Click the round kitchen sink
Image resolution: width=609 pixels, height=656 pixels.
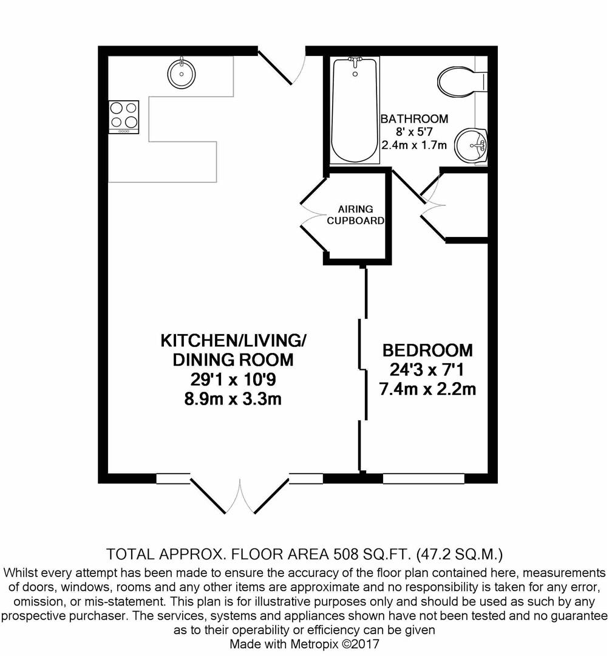pos(181,73)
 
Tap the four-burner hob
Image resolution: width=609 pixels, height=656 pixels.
pos(124,117)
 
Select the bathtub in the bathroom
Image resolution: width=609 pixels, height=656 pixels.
pos(355,110)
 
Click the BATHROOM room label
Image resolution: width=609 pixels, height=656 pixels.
pos(414,119)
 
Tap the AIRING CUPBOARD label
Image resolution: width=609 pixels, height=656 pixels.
pos(356,214)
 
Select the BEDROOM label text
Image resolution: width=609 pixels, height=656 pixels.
pos(427,350)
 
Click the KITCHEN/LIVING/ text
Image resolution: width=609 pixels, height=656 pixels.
pos(233,341)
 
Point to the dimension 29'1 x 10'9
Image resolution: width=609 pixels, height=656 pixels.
pos(233,380)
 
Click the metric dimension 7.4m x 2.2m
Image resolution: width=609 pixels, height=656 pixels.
pos(427,389)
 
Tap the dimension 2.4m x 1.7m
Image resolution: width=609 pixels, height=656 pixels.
pos(414,145)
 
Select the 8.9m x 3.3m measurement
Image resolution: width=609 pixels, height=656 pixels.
pos(233,398)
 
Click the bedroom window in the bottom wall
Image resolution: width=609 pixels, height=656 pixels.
pos(423,478)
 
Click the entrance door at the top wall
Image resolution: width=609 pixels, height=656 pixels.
pos(283,67)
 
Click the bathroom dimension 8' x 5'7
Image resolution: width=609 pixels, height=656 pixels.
pos(414,132)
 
